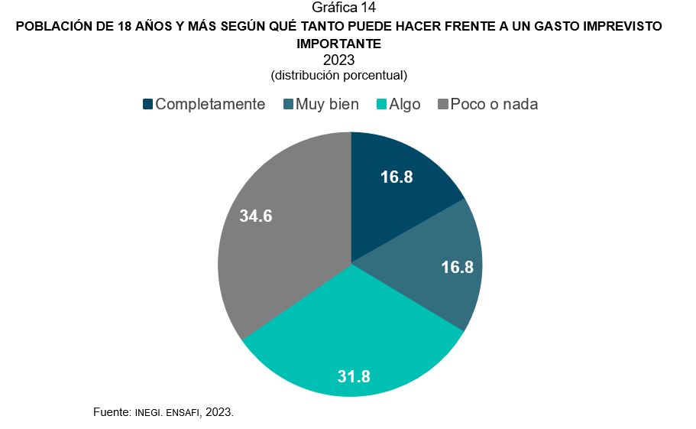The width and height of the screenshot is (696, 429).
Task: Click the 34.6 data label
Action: point(256,216)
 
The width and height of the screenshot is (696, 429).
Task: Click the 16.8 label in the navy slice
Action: point(397,177)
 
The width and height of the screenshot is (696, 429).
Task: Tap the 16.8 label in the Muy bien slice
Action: point(458,267)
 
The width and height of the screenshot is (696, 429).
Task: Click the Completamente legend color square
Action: point(148,104)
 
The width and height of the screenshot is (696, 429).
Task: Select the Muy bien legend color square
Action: point(289,104)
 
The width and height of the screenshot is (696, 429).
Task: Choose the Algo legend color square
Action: point(382,104)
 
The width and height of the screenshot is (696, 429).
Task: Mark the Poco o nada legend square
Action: point(442,104)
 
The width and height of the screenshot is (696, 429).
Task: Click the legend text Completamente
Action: point(210,104)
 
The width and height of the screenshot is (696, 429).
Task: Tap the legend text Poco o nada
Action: point(494,104)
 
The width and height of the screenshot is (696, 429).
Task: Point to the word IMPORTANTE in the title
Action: point(338,44)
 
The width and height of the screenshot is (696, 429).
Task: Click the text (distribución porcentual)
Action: point(338,76)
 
